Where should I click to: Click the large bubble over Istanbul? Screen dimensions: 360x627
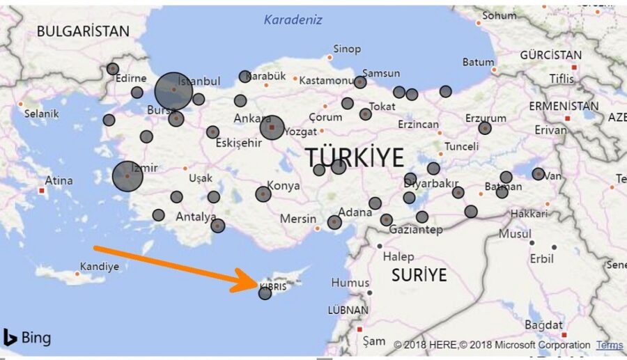click(x=173, y=91)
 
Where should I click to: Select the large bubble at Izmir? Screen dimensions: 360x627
click(x=127, y=176)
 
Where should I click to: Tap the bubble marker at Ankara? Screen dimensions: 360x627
click(x=272, y=127)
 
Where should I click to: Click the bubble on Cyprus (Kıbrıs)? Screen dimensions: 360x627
click(x=265, y=293)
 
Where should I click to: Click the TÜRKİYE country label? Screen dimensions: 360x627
click(x=354, y=158)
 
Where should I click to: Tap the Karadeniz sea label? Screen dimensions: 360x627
click(x=293, y=19)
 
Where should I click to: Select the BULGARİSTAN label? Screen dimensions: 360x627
click(x=83, y=31)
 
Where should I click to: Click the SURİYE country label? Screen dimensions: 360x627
click(x=419, y=275)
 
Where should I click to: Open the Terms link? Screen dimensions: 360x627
click(x=610, y=345)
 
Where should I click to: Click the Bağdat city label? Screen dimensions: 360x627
click(x=543, y=325)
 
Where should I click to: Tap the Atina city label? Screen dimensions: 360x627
click(x=59, y=181)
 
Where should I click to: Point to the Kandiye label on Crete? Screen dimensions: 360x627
click(x=100, y=266)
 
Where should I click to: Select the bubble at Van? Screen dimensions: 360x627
click(x=539, y=174)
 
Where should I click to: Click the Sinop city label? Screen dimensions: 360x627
click(x=347, y=49)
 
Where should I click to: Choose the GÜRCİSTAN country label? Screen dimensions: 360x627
click(x=550, y=55)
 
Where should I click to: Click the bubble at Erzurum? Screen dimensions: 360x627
click(x=485, y=128)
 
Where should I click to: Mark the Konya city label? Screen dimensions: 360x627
click(x=284, y=186)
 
